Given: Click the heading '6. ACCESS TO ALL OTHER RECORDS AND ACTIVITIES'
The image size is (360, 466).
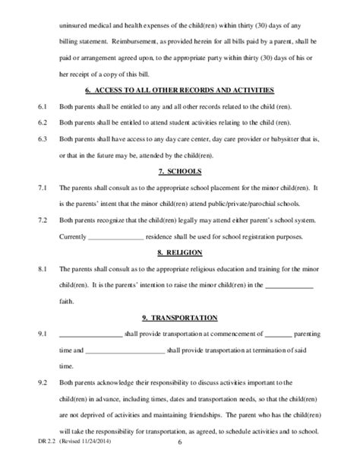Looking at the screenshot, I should [x=180, y=90].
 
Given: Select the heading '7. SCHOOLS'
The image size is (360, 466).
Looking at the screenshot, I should [x=180, y=171].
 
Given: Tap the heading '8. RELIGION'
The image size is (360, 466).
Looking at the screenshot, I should [x=180, y=252].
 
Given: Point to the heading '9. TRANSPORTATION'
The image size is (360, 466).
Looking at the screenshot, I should [x=180, y=317].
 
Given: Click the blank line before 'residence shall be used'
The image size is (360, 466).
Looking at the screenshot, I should [x=115, y=237].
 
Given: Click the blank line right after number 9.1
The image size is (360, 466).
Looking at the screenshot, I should [x=90, y=335].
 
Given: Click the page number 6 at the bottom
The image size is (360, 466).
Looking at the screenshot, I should [x=179, y=455].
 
